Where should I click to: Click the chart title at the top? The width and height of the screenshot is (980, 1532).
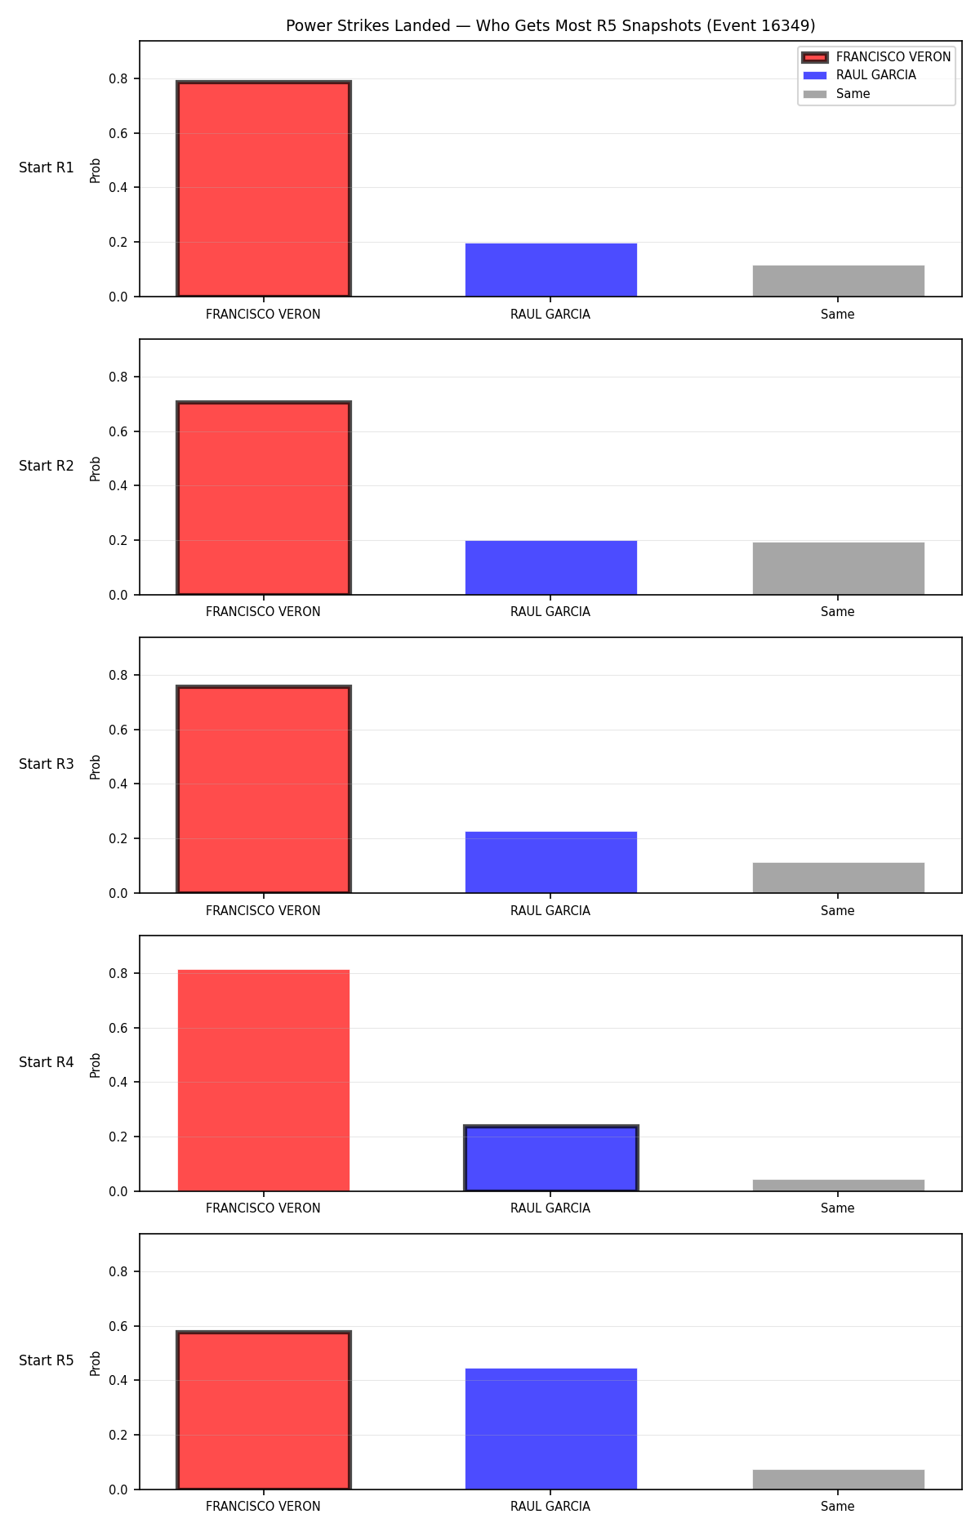coord(550,25)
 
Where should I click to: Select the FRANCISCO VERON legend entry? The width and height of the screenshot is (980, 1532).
coord(876,57)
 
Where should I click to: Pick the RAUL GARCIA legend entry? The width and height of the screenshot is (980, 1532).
coord(859,75)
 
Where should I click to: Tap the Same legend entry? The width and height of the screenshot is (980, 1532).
coord(836,94)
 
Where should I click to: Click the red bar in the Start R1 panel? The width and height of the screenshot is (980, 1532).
coord(264,189)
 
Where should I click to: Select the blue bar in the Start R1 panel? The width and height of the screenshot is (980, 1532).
coord(551,270)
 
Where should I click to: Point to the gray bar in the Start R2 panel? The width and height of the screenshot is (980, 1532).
coord(839,569)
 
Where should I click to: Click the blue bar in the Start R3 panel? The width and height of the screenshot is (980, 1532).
coord(551,862)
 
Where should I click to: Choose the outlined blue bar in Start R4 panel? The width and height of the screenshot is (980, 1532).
coord(551,1159)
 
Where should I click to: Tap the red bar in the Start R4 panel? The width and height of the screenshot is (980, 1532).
coord(264,1080)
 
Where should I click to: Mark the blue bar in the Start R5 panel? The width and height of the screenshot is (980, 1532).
coord(551,1429)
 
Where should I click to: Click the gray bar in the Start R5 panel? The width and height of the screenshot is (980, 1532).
coord(839,1480)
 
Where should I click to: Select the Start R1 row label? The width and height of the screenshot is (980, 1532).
coord(47,167)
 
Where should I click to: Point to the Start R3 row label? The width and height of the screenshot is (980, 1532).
coord(47,764)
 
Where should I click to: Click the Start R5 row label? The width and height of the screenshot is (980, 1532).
coord(47,1360)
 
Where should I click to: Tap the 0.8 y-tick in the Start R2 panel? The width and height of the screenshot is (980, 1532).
coord(118,377)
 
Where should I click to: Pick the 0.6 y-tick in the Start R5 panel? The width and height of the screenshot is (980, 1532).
coord(118,1326)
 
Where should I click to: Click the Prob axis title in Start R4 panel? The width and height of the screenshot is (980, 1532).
coord(96,1065)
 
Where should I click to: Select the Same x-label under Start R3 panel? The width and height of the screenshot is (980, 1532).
coord(838,910)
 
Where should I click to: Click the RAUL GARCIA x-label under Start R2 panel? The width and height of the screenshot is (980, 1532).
coord(550,612)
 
